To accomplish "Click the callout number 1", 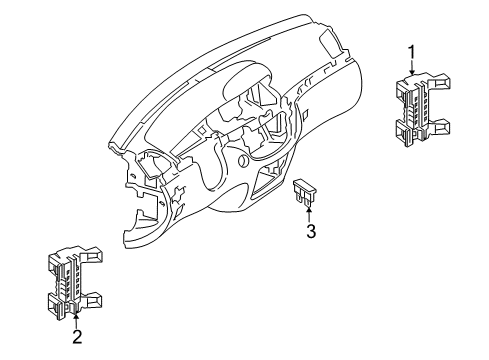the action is coord(412,53).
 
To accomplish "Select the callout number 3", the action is coord(311,231).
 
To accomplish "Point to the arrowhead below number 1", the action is coord(412,71).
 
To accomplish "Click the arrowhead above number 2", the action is coord(76,312).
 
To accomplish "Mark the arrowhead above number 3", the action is coord(309,210).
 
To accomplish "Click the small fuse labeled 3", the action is coord(303,192).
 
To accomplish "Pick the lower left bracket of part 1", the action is coord(403,132).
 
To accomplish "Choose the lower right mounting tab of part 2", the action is coord(92,299).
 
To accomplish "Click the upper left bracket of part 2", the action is coord(54,263).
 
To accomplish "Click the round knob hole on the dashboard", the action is coord(243,161).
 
